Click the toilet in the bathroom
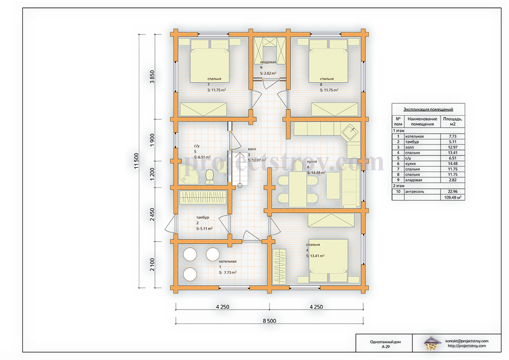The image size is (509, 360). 210,177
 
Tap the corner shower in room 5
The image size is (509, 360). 188,174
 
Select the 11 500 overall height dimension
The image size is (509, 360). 137,161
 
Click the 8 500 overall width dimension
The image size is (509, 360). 269,321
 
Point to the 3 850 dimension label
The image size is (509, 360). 152,77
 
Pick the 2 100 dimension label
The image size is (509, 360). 152,265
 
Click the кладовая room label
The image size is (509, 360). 268,62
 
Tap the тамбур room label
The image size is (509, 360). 203,217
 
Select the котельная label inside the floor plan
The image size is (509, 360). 228,261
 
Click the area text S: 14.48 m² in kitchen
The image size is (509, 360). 316,173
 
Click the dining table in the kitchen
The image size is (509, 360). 298,189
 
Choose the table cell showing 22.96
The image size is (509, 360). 453,192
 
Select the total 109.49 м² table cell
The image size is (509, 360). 453,198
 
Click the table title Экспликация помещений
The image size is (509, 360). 428,109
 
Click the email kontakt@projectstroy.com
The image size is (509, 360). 467,341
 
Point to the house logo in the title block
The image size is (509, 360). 432,343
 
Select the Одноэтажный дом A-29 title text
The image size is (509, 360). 385,344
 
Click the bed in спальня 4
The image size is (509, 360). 328,261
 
